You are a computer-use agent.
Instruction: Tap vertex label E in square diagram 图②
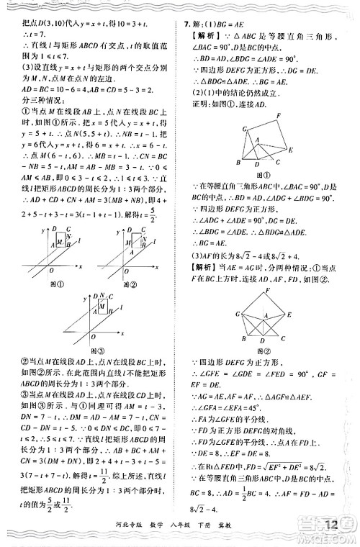coord(289,315)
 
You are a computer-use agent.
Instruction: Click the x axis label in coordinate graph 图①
coord(80,266)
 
